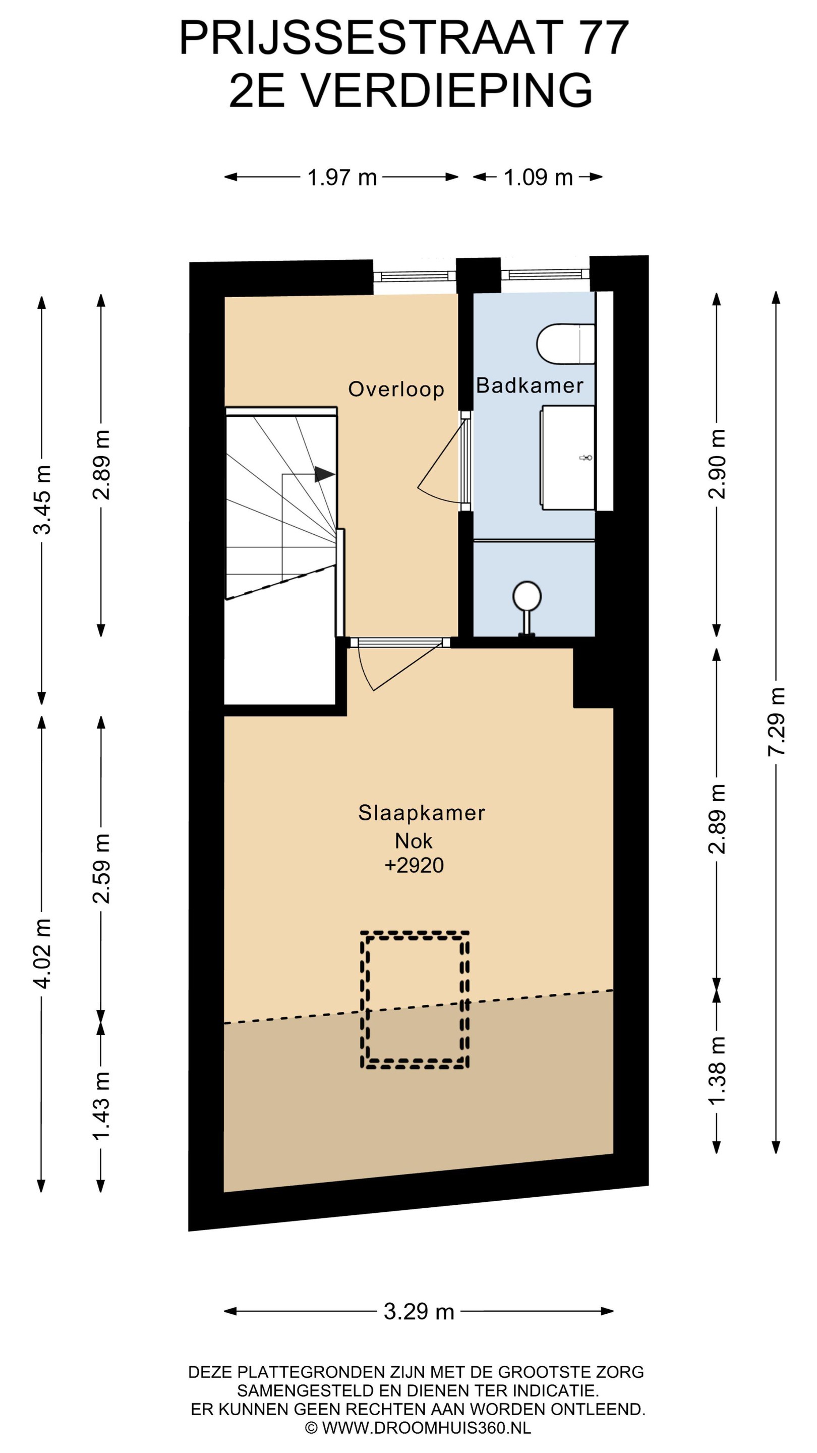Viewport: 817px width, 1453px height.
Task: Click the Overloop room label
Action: pyautogui.click(x=396, y=389)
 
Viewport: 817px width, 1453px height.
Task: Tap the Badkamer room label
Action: pyautogui.click(x=530, y=386)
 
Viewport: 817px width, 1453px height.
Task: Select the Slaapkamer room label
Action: pyautogui.click(x=421, y=813)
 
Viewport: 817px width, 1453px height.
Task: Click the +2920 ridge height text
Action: pyautogui.click(x=414, y=865)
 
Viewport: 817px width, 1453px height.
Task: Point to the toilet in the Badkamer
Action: pyautogui.click(x=565, y=344)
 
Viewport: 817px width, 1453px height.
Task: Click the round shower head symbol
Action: pyautogui.click(x=527, y=596)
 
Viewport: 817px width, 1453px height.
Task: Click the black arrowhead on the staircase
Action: pyautogui.click(x=324, y=474)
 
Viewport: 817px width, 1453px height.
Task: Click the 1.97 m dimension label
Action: pyautogui.click(x=342, y=178)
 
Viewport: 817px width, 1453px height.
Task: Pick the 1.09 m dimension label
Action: pyautogui.click(x=538, y=178)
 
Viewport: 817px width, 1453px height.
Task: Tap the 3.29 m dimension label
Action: pyautogui.click(x=419, y=1312)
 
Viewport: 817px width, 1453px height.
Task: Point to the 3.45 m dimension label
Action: pyautogui.click(x=42, y=500)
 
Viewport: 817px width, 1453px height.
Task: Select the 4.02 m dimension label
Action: pyautogui.click(x=42, y=953)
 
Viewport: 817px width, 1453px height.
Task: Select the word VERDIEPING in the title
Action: pyautogui.click(x=448, y=90)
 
